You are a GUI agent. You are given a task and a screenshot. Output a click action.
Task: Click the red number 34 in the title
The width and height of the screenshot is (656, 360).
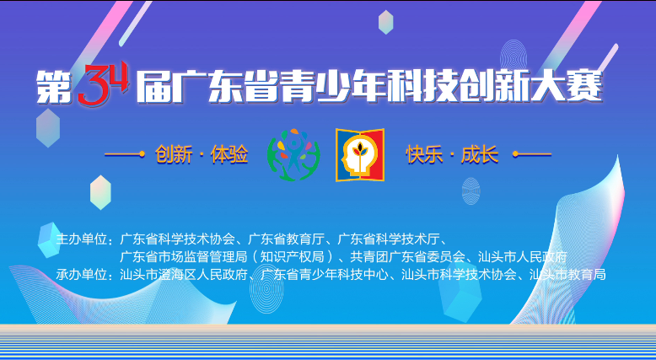point(103,83)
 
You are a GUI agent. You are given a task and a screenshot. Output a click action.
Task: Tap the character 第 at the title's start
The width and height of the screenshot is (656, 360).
point(54,87)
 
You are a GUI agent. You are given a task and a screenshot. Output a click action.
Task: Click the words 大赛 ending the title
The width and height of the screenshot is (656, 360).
point(567,87)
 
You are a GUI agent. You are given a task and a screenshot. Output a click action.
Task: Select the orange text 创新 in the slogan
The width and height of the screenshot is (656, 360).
point(174,154)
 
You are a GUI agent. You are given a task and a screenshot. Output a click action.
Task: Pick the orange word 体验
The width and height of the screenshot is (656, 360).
point(229,154)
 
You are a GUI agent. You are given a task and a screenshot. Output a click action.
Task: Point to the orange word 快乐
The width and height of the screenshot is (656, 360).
point(424,154)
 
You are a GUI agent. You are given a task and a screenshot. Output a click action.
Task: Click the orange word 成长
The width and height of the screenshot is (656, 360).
point(480,154)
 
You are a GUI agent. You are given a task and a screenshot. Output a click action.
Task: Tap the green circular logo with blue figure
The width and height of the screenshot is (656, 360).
point(293,154)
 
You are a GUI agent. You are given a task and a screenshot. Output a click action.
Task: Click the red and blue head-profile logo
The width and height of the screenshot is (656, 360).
point(360,154)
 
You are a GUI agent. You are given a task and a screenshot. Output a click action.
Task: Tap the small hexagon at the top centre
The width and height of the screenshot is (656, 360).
point(385,22)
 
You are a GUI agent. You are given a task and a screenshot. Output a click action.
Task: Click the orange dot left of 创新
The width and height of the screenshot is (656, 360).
point(142,154)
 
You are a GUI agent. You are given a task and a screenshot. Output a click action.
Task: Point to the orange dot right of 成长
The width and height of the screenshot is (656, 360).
point(515,154)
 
